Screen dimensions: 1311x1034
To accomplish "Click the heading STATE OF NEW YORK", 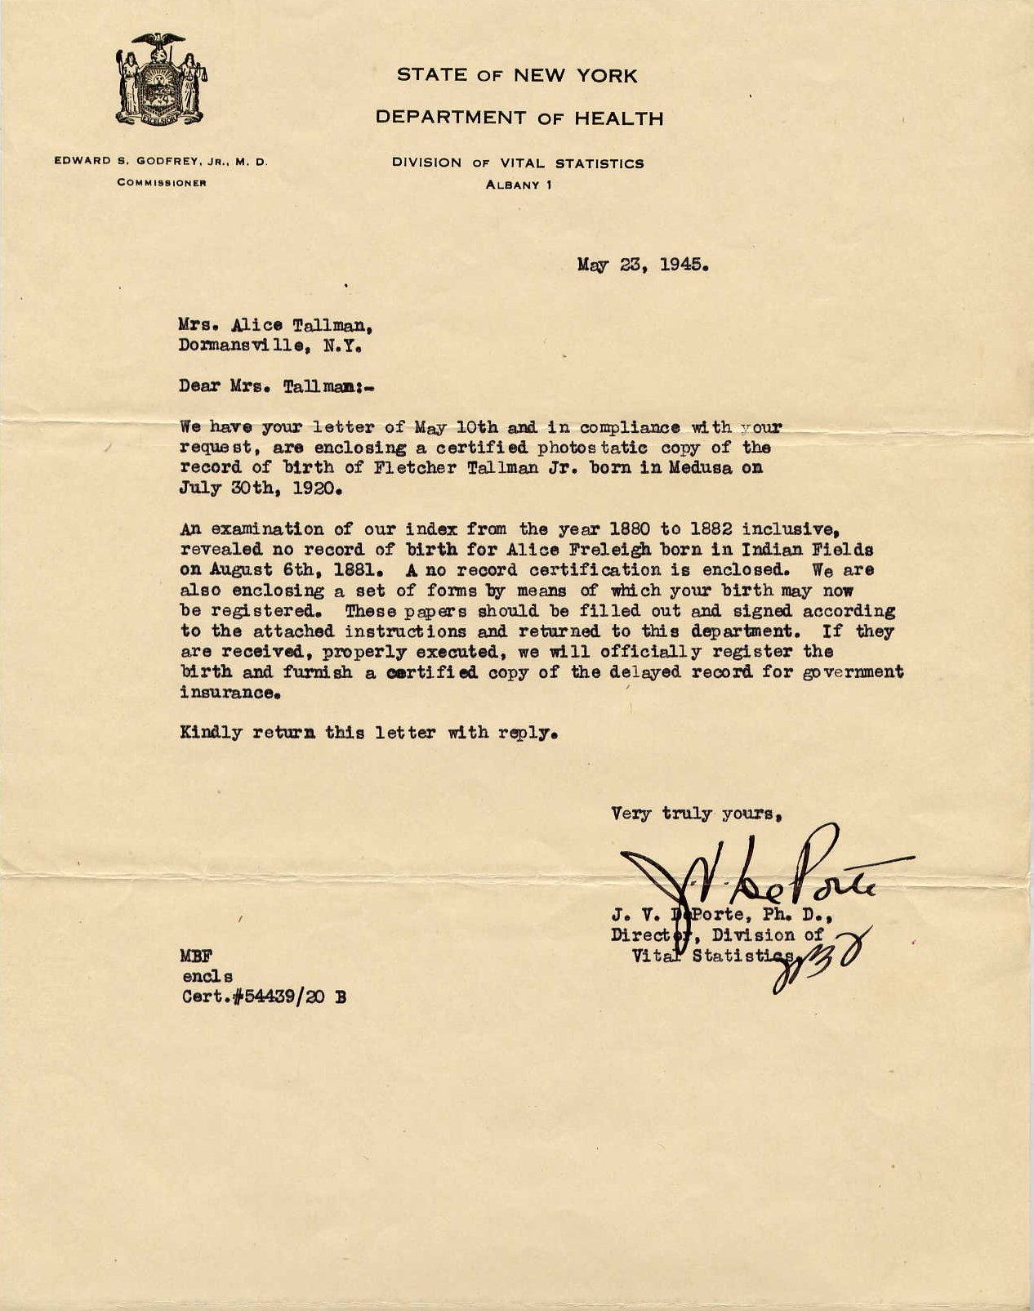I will (x=517, y=76).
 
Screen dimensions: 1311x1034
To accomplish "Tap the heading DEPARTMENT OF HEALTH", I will (x=519, y=118).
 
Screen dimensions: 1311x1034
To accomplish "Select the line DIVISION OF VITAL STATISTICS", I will (x=518, y=163).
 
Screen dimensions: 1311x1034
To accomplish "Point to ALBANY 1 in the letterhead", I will (x=519, y=185).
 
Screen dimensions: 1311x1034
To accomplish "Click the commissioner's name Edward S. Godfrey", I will (x=161, y=162).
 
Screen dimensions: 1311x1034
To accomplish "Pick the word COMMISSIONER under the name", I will (x=161, y=183).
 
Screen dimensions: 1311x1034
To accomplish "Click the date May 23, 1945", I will (x=642, y=265).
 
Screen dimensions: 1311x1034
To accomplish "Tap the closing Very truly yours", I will (x=697, y=814).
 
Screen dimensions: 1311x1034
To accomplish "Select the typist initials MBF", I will (x=194, y=956).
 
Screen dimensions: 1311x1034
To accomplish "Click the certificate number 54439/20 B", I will (x=292, y=997).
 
